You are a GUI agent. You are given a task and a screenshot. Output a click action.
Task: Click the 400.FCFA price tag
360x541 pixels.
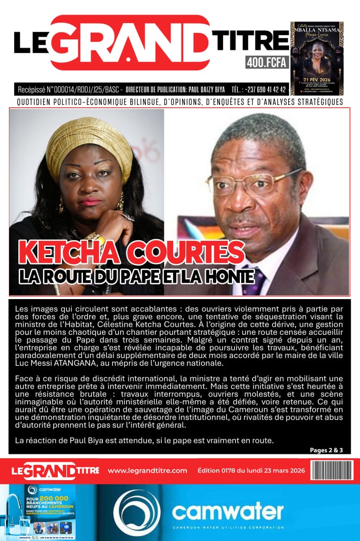tap(267, 62)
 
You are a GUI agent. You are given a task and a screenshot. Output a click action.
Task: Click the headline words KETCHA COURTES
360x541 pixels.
tap(132, 252)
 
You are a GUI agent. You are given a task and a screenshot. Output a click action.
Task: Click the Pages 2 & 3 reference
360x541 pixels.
tap(326, 450)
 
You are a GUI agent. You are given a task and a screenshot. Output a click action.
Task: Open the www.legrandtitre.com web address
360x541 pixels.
tap(147, 470)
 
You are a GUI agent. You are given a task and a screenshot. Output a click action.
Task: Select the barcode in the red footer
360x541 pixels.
tap(331, 470)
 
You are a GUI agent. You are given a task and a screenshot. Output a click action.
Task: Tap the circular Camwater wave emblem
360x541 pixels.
tap(136, 512)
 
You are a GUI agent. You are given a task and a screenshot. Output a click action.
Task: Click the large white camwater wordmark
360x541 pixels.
tap(228, 511)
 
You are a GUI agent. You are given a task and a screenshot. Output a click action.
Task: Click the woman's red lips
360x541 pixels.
tap(90, 201)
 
